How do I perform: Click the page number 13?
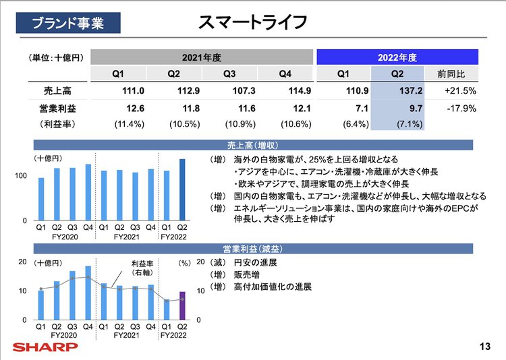484,347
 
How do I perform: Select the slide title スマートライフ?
252,22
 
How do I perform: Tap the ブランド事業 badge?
68,23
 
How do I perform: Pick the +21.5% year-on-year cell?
460,90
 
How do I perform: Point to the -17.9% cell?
461,108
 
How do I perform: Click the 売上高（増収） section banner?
253,145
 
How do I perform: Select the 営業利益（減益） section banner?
253,249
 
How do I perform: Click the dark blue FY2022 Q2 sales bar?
182,189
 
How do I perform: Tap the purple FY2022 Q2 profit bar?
181,305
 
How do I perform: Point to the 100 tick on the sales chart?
21,176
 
